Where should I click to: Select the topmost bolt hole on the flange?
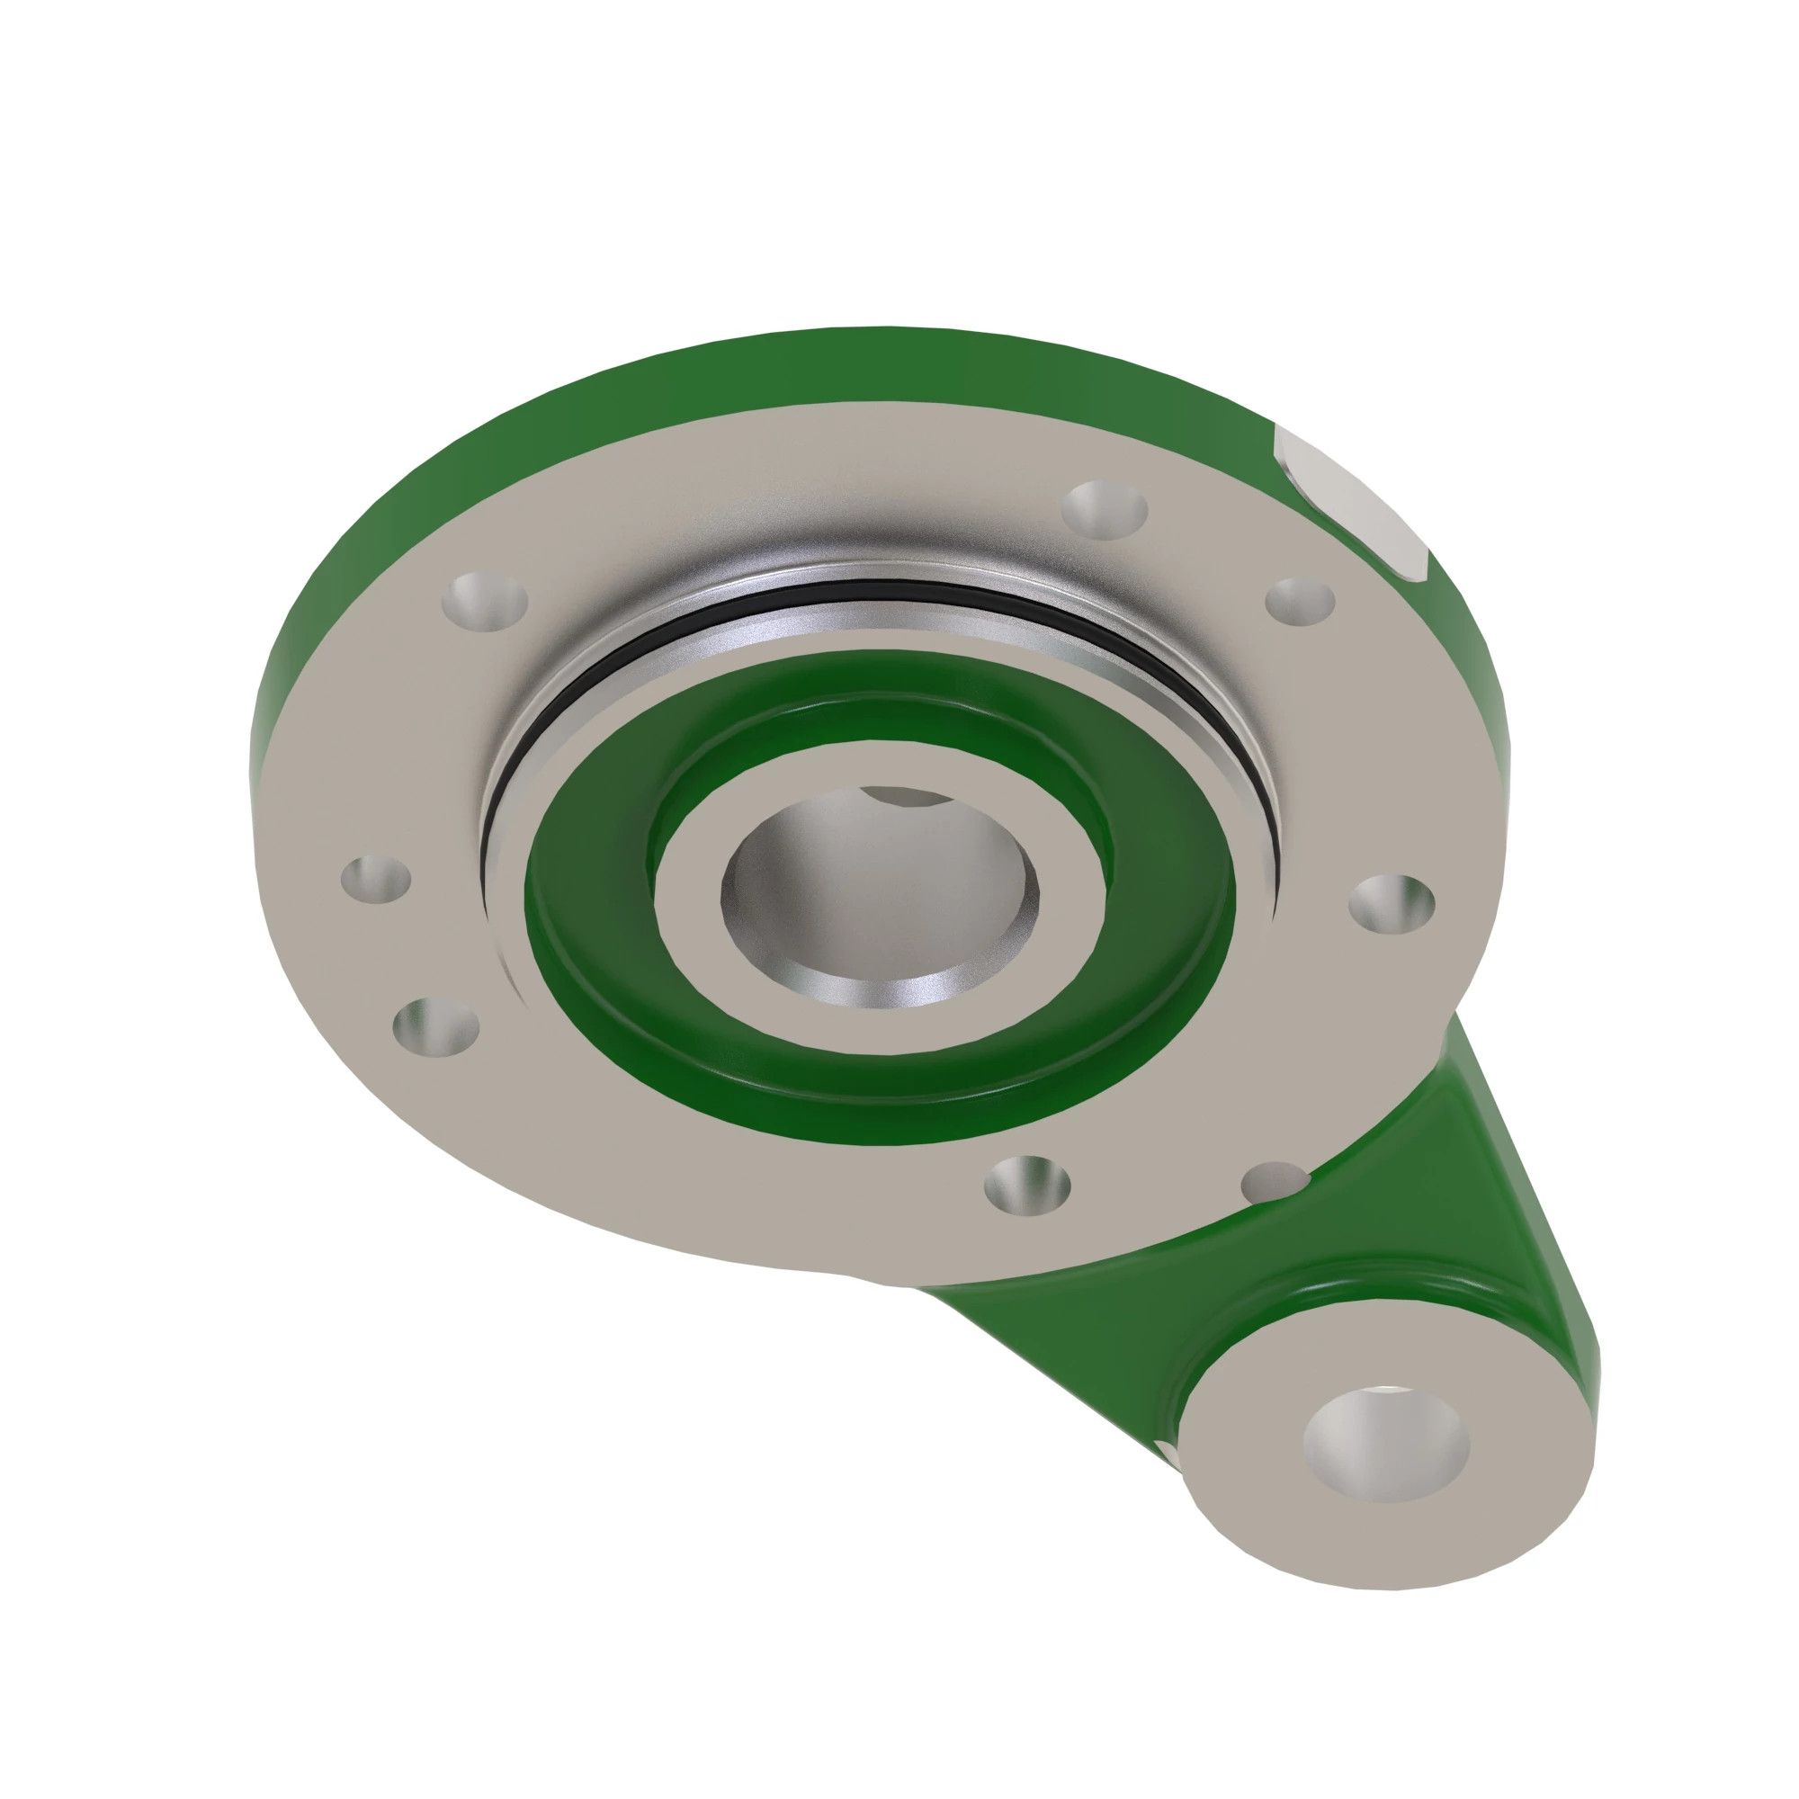(1105, 509)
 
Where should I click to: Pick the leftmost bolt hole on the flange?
(376, 877)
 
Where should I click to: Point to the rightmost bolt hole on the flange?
(1392, 901)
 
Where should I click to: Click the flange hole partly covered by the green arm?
(1275, 1182)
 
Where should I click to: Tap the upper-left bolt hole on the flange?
(485, 602)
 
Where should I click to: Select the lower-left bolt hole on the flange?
(435, 1026)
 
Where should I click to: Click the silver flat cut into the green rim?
(1350, 503)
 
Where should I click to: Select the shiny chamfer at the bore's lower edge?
(875, 991)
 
